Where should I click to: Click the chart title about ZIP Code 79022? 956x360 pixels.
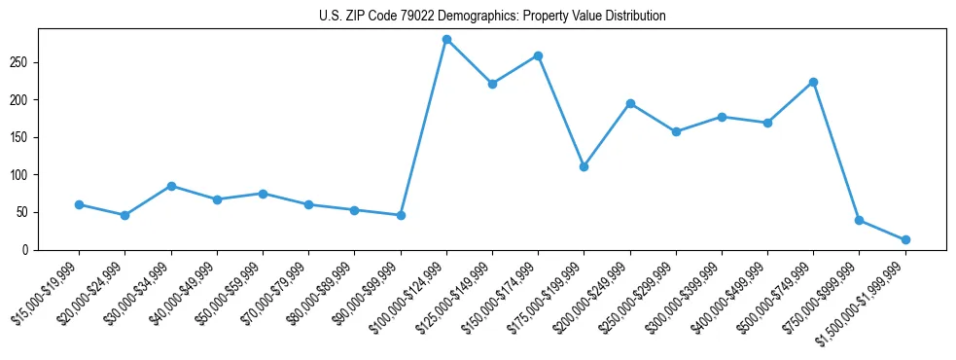tap(492, 16)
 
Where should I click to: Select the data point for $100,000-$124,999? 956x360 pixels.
tap(446, 39)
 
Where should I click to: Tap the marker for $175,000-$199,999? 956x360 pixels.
tap(584, 166)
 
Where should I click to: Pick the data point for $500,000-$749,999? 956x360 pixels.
tap(813, 82)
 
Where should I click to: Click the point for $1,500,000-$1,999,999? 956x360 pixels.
tap(905, 239)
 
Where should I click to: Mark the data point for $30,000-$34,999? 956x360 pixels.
tap(171, 186)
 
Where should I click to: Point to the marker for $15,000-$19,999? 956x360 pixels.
tap(79, 204)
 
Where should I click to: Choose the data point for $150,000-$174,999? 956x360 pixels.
tap(538, 55)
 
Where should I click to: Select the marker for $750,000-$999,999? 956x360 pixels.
tap(859, 220)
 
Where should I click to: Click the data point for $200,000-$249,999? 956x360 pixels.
tap(630, 103)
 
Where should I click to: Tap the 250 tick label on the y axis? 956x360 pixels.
tap(21, 62)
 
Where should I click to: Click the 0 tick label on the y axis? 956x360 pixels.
tap(27, 250)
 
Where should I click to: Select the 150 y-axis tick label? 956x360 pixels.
tap(21, 137)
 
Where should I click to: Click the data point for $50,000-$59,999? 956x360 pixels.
tap(263, 194)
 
